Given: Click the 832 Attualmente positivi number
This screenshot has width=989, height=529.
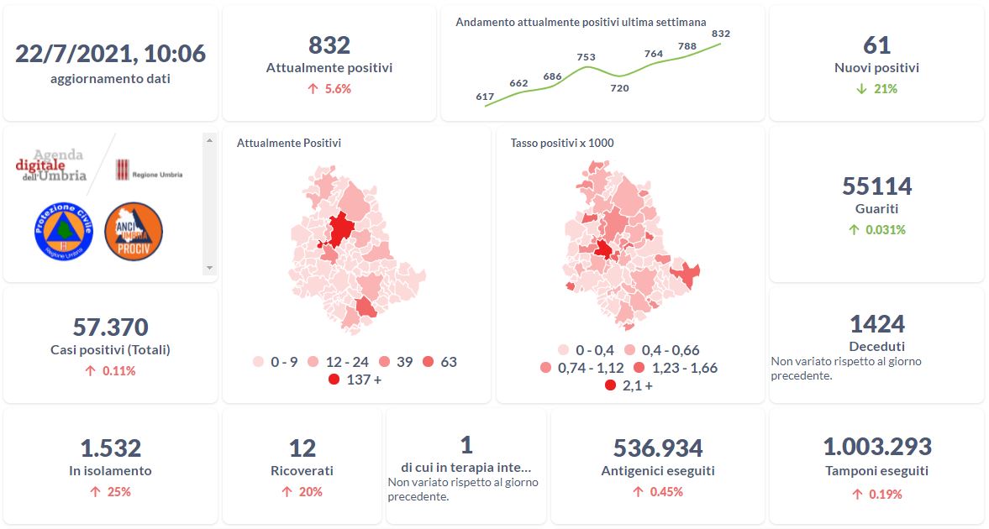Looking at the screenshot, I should tap(329, 45).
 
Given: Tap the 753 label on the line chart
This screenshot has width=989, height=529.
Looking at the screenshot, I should tap(587, 57).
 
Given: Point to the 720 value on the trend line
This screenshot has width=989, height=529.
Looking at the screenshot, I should tap(619, 87).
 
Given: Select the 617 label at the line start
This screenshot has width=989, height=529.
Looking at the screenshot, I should tap(485, 97).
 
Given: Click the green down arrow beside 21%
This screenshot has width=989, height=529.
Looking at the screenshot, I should tap(860, 88).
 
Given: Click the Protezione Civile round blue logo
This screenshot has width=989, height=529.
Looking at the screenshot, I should tap(64, 231).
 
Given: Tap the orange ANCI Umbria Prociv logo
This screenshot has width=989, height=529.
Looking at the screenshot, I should tap(134, 231).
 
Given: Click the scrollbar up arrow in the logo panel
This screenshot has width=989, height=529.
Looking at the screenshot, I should tap(210, 139).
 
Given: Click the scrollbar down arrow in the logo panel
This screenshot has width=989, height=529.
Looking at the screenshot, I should tap(210, 268).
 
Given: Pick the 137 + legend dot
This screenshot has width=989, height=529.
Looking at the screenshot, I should tap(334, 380).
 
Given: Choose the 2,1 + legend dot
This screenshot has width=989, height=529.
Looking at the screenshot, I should tap(609, 385).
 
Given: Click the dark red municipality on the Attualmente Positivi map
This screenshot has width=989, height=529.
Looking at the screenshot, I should tap(340, 229).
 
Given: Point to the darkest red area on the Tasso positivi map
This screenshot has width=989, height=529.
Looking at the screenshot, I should tap(603, 249).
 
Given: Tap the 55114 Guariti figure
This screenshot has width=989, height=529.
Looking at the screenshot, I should tap(876, 186).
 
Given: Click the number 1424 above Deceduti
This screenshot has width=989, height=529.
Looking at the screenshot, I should tap(876, 323).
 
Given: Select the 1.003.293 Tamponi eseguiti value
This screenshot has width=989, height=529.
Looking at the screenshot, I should tap(876, 447).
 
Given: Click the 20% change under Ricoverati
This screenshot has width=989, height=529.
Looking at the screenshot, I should tap(310, 491).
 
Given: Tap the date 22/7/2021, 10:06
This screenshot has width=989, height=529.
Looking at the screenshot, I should tap(110, 54).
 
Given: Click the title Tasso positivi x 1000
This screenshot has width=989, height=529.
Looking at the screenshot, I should tap(562, 143).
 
